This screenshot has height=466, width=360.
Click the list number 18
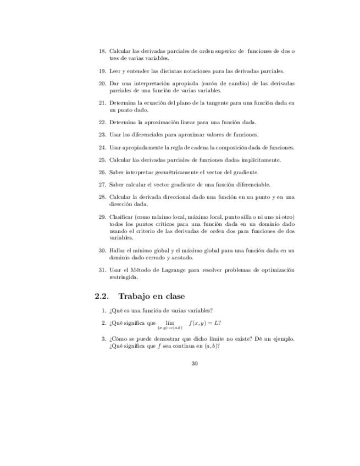[x=102, y=51]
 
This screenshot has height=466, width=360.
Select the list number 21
[x=102, y=103]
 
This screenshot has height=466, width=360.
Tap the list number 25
[x=102, y=160]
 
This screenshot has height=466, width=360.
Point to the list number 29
[x=102, y=217]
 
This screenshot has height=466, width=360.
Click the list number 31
[x=102, y=270]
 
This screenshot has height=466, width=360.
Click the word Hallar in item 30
[x=117, y=251]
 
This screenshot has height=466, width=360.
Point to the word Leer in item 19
[x=114, y=71]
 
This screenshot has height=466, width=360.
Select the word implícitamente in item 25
[x=263, y=160]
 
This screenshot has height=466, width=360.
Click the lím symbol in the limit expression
[x=170, y=323]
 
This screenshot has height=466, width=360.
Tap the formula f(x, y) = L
[x=205, y=323]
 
